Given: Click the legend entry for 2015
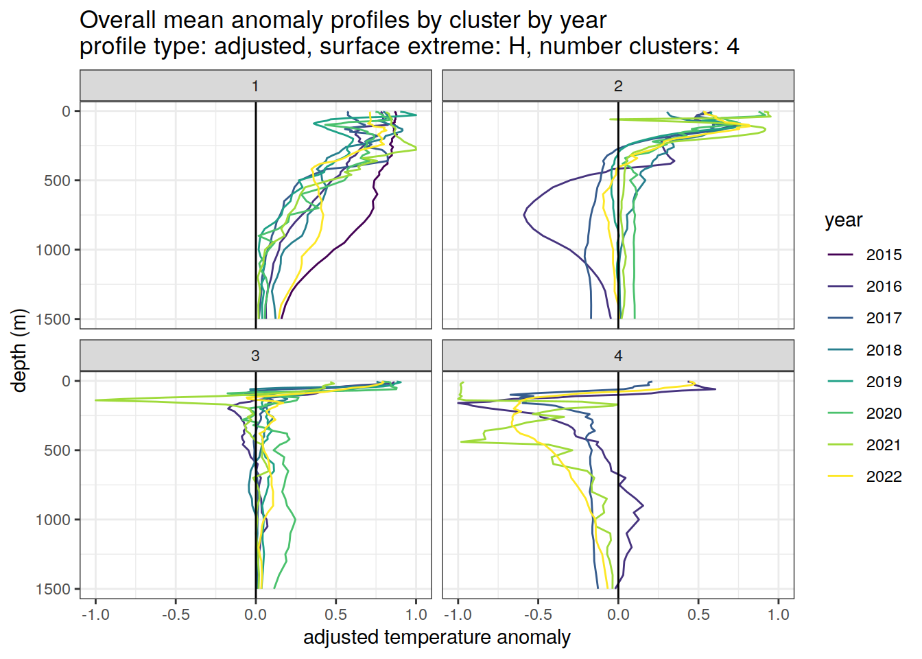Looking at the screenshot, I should pyautogui.click(x=883, y=255).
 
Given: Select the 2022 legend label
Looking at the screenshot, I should pyautogui.click(x=883, y=476).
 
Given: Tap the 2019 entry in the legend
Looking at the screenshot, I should pyautogui.click(x=883, y=382).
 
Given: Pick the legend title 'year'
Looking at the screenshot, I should pyautogui.click(x=843, y=220).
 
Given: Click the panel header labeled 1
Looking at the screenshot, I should pyautogui.click(x=255, y=86).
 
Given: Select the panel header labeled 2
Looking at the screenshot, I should pyautogui.click(x=618, y=86).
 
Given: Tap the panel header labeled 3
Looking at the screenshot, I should pyautogui.click(x=255, y=356).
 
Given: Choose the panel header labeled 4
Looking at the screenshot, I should pyautogui.click(x=618, y=356).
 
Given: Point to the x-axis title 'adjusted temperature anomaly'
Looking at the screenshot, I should pyautogui.click(x=437, y=637).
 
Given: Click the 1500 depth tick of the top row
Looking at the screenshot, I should pyautogui.click(x=54, y=319).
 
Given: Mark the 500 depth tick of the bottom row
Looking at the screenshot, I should pyautogui.click(x=58, y=450).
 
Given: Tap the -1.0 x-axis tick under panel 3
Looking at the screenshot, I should pyautogui.click(x=95, y=614).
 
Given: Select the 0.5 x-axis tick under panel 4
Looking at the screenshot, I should pyautogui.click(x=698, y=614).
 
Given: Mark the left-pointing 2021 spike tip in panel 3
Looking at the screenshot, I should pyautogui.click(x=95, y=400).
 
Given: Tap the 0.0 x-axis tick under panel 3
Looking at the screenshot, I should pyautogui.click(x=255, y=614).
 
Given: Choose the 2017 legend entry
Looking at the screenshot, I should pyautogui.click(x=883, y=318).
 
